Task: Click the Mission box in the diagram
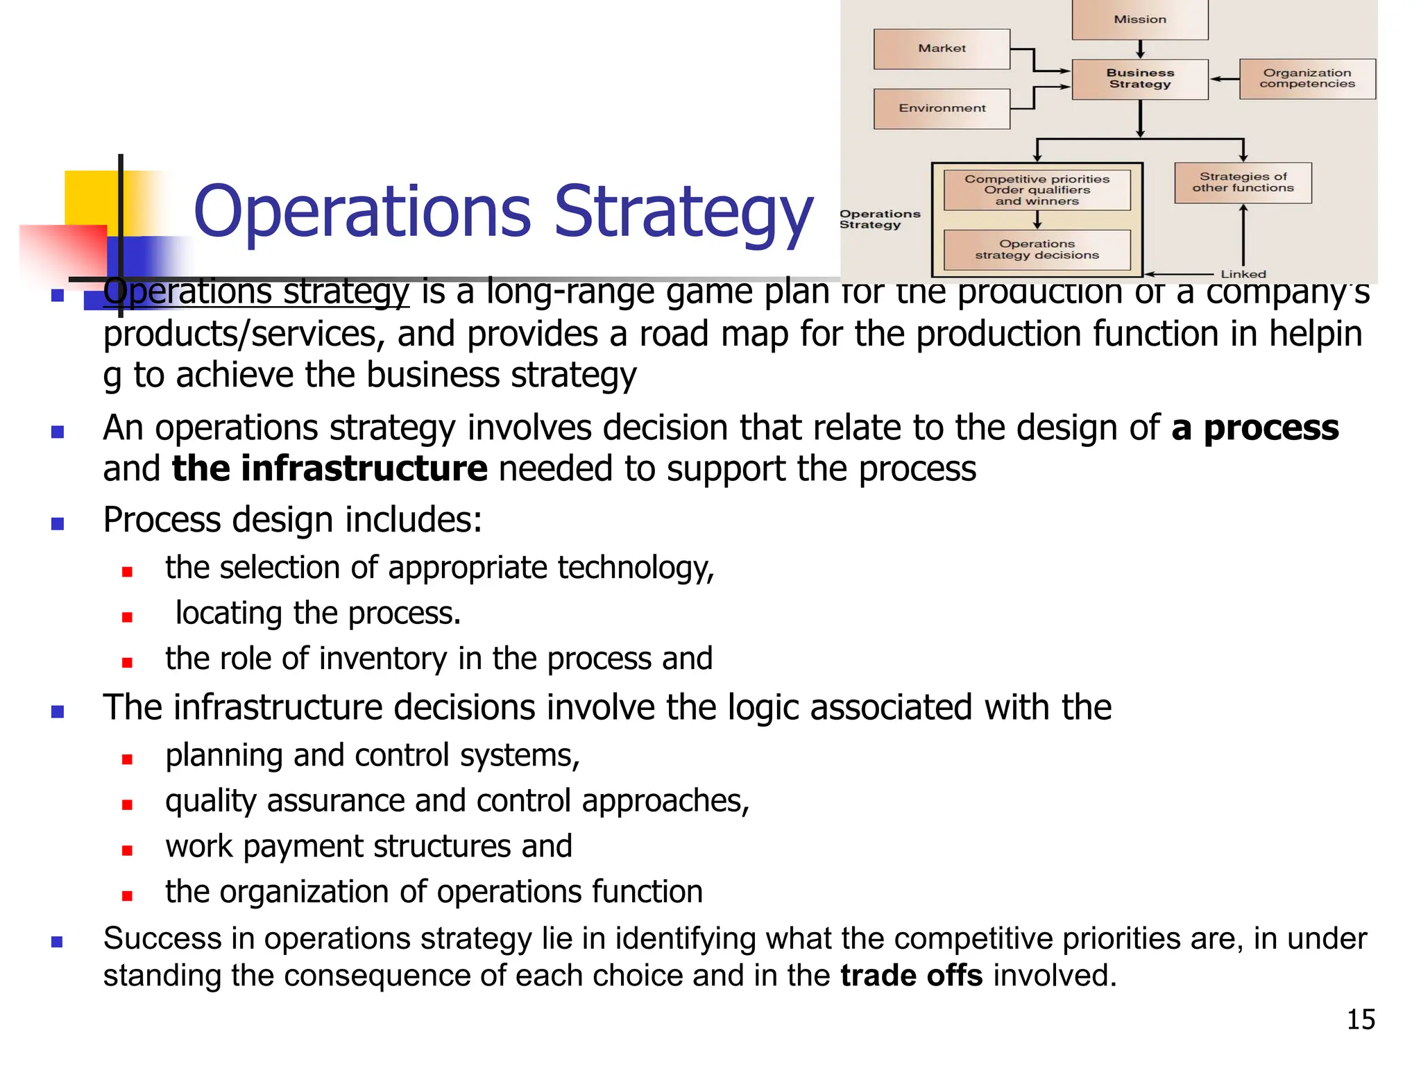click(x=1140, y=19)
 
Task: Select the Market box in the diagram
click(x=942, y=49)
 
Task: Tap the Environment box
click(x=942, y=108)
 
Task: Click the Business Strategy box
click(x=1140, y=78)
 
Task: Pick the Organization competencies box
click(x=1307, y=78)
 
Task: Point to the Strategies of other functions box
click(x=1243, y=183)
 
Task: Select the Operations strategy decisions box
click(x=1037, y=250)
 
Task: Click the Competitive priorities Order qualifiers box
click(x=1037, y=190)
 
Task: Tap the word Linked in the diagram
click(x=1243, y=274)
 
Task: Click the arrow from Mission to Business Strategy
click(x=1140, y=49)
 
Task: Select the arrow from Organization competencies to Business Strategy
click(x=1225, y=79)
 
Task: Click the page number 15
click(x=1361, y=1020)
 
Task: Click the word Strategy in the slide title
click(x=683, y=212)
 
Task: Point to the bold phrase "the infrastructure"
click(x=330, y=468)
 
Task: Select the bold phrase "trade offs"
click(x=911, y=975)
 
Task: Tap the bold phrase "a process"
click(x=1255, y=428)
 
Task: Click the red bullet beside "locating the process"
click(x=127, y=617)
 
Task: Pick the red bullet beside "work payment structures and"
click(x=127, y=850)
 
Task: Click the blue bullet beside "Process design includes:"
click(x=58, y=524)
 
